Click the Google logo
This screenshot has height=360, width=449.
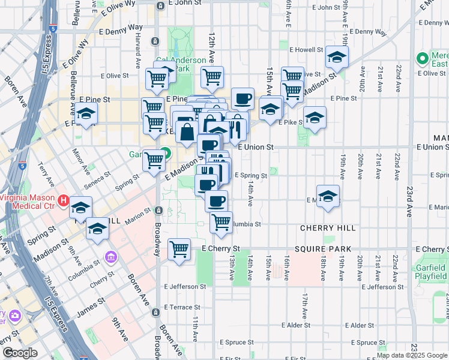point(20,353)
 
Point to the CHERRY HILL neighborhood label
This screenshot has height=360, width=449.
point(329,228)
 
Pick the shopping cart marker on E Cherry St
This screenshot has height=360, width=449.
point(179,248)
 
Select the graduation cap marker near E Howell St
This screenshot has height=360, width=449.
point(337,58)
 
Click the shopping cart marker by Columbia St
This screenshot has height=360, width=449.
point(221,221)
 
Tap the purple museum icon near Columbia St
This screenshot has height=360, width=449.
point(110,257)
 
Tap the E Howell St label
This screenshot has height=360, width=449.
point(306,50)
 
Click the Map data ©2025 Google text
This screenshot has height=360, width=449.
point(412,355)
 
